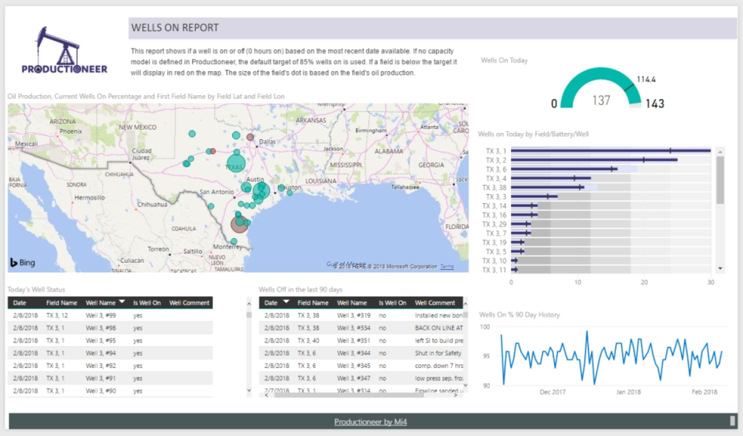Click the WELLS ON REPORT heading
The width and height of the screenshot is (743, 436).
(x=175, y=28)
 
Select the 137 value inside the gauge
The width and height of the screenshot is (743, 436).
(x=601, y=100)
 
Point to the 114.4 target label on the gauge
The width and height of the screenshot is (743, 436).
(x=646, y=80)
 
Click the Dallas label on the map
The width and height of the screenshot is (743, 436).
(x=267, y=142)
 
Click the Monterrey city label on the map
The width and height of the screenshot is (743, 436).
(x=227, y=247)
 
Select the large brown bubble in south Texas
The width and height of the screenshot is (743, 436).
(x=240, y=224)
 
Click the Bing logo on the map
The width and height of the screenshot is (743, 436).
(x=22, y=263)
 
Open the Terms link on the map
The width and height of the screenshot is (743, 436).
(x=447, y=267)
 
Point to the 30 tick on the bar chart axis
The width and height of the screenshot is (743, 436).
(x=710, y=283)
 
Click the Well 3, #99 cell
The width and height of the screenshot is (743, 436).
(x=101, y=315)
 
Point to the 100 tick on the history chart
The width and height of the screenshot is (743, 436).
(x=485, y=327)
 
